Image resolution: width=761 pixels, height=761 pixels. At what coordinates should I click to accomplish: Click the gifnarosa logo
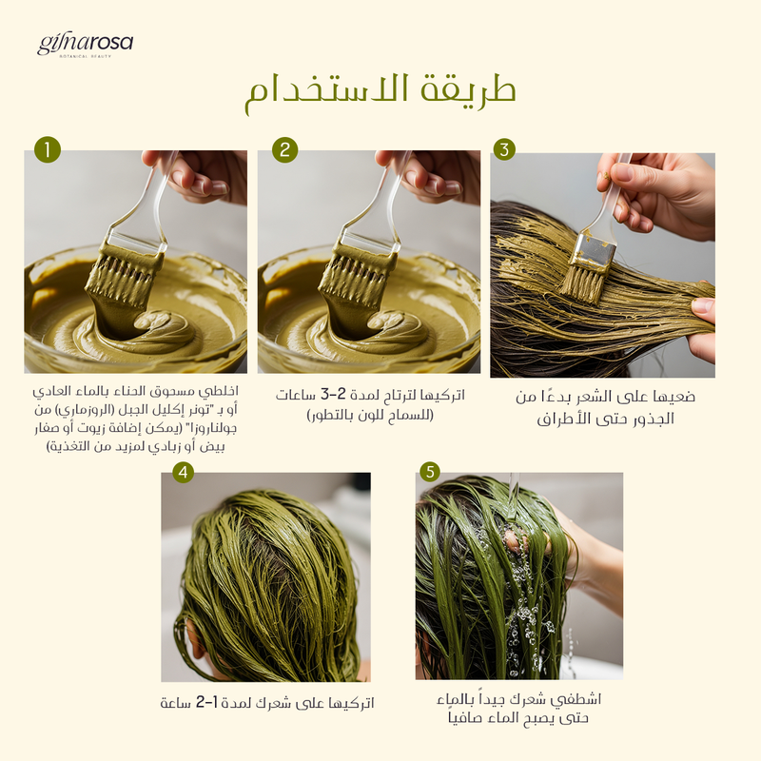click(x=85, y=46)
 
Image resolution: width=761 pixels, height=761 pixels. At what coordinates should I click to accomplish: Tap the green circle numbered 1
click(x=48, y=149)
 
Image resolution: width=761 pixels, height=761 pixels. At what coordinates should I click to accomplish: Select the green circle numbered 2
click(x=284, y=149)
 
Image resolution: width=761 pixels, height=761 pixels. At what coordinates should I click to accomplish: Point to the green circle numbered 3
click(x=504, y=149)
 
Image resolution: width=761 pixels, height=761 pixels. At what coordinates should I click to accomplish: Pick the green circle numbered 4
click(x=183, y=472)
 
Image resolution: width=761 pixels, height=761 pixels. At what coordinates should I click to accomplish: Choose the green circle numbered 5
click(x=430, y=472)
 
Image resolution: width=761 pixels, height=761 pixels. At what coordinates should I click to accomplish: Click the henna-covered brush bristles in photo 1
click(x=124, y=277)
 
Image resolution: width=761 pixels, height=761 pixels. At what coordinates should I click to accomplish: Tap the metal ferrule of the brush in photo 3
click(x=592, y=253)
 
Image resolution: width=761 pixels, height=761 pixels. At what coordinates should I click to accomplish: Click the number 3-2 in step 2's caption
click(x=334, y=394)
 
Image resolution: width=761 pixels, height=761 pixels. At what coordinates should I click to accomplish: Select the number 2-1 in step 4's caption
click(x=207, y=702)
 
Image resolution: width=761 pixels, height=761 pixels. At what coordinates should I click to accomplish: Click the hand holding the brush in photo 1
click(x=200, y=175)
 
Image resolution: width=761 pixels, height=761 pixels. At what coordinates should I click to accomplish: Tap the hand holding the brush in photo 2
click(x=433, y=175)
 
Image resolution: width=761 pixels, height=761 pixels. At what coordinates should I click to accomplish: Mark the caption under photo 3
click(x=605, y=407)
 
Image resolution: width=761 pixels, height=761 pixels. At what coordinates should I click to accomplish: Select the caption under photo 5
click(x=518, y=708)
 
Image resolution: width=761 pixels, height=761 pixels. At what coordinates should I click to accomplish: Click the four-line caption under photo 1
click(x=135, y=419)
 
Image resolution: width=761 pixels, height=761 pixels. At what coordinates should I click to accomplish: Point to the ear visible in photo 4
click(x=193, y=639)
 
